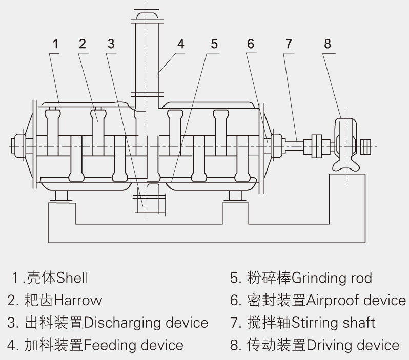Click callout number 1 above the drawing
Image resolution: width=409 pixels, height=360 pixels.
click(55, 44)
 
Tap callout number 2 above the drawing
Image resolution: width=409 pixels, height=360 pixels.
click(83, 44)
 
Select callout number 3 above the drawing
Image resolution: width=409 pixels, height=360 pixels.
click(111, 44)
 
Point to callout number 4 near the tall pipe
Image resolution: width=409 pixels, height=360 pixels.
click(180, 44)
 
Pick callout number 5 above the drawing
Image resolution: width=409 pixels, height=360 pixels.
click(214, 44)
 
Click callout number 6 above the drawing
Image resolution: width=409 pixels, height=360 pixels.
click(250, 44)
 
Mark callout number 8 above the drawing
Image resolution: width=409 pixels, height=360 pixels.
click(328, 44)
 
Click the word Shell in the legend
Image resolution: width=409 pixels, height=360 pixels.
click(72, 278)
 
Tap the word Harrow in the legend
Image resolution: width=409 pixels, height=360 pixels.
click(78, 300)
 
